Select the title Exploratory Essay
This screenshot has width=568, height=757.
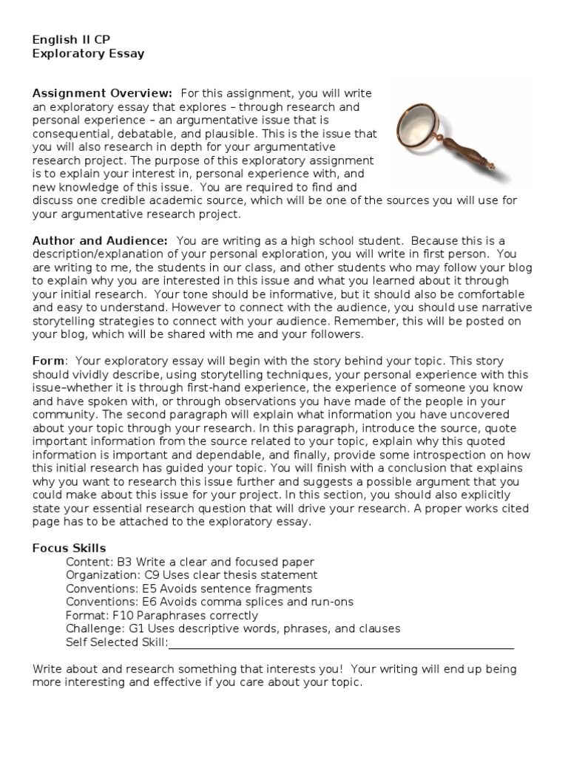pyautogui.click(x=88, y=53)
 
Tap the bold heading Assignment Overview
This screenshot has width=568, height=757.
pyautogui.click(x=102, y=93)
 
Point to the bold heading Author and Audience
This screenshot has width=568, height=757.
pyautogui.click(x=100, y=241)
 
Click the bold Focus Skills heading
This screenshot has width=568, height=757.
pyautogui.click(x=69, y=548)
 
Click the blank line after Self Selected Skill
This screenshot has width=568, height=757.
pyautogui.click(x=340, y=642)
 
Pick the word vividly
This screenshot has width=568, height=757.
pyautogui.click(x=88, y=374)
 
